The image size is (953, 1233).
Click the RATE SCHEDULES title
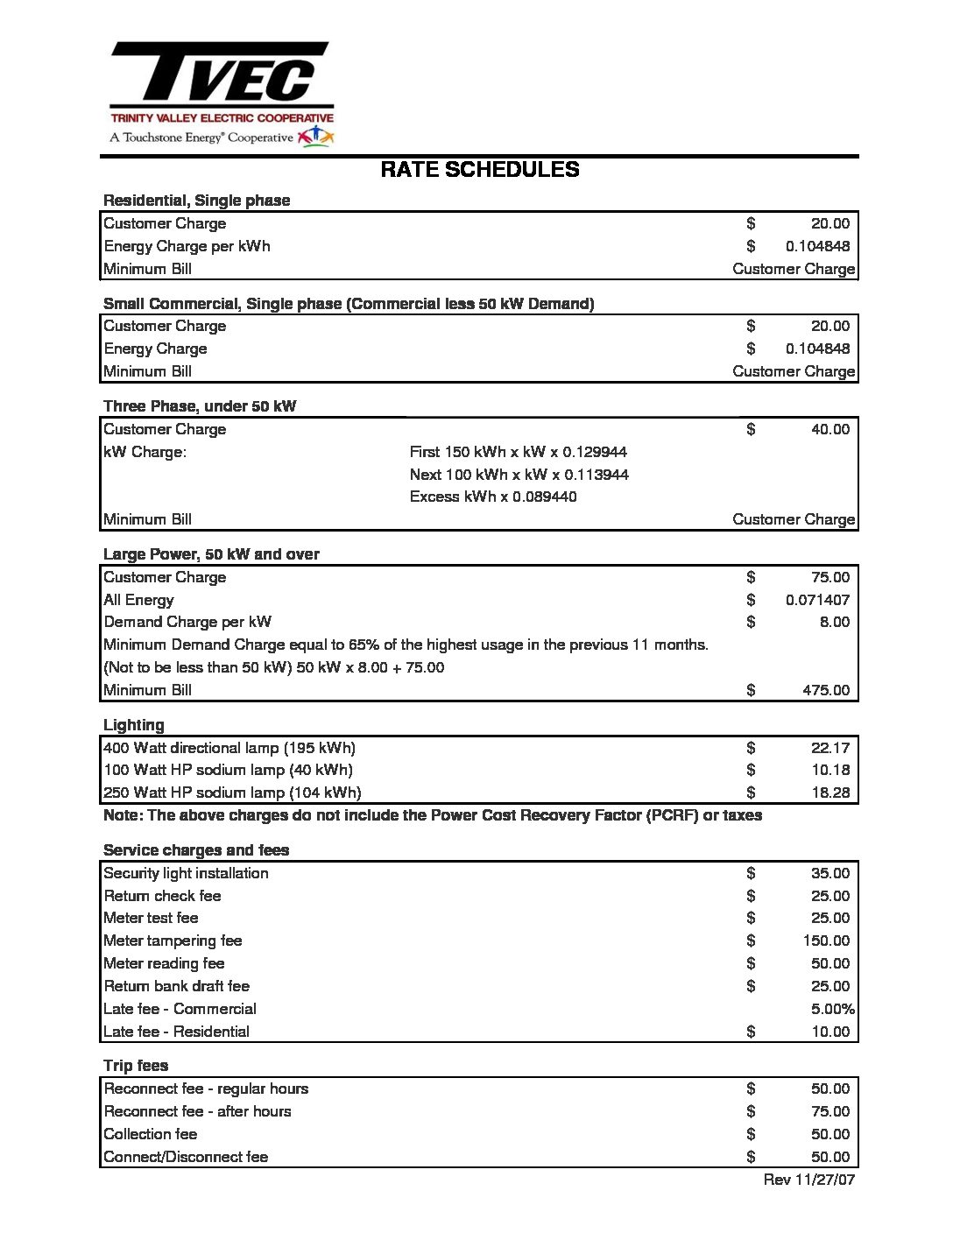tap(479, 170)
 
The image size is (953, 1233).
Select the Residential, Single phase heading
tap(196, 201)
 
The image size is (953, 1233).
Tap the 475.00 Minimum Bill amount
tap(825, 690)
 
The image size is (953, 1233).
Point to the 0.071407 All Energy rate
tap(817, 600)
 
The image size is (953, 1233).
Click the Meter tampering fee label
tap(173, 941)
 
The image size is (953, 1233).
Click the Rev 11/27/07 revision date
tap(808, 1180)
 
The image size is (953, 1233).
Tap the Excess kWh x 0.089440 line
tap(493, 497)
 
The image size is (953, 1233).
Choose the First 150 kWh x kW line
tap(518, 452)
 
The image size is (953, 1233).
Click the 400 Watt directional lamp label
tap(229, 748)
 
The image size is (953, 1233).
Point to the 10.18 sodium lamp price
tap(829, 770)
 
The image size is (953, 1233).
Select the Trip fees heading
tap(136, 1066)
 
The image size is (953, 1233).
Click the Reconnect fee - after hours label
tap(197, 1111)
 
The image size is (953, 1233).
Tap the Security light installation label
tap(186, 873)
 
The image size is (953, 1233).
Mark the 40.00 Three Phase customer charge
tap(829, 429)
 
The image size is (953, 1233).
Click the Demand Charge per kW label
tap(187, 622)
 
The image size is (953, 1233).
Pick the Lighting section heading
tap(134, 725)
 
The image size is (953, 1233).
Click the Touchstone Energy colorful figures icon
tap(315, 136)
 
